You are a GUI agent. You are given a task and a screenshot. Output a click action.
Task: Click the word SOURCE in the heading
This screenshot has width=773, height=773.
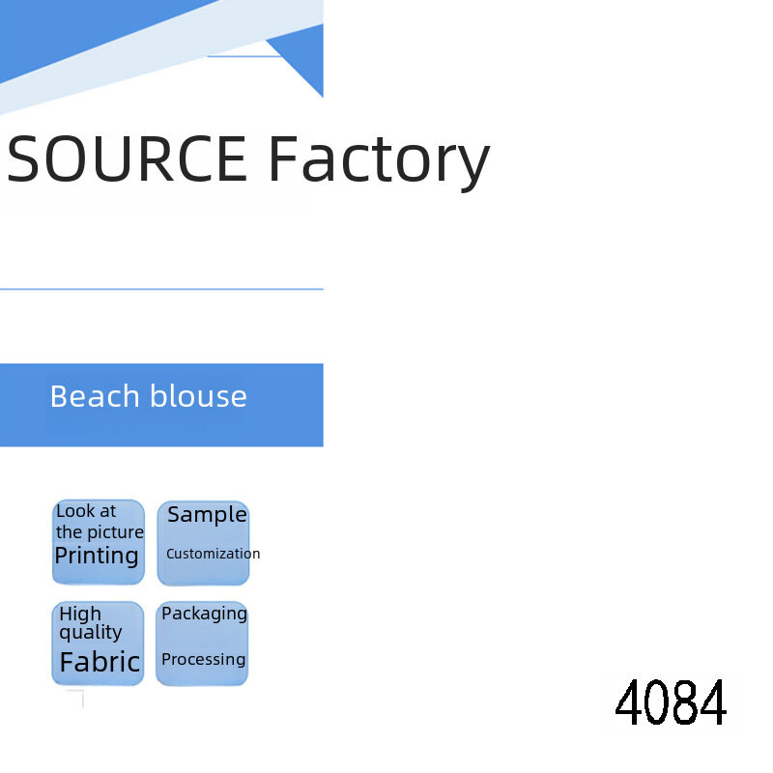coord(127,158)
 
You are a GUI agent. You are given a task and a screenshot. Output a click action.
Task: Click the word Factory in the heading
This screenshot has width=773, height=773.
coord(379,163)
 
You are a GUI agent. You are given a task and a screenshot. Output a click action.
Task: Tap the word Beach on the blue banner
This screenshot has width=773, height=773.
coord(95,396)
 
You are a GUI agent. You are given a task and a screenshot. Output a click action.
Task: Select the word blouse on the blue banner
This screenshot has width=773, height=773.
coord(198,396)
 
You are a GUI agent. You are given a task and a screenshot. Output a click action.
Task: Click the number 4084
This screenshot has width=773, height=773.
coord(671,702)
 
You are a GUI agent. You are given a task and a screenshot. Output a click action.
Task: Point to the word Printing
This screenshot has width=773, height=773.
coord(97,557)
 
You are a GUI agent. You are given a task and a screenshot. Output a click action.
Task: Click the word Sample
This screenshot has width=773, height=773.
coord(207,516)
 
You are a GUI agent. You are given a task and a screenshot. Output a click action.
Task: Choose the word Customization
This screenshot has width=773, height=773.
coord(213,554)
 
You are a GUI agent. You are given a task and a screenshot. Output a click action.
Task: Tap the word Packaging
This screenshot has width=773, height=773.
coord(204,615)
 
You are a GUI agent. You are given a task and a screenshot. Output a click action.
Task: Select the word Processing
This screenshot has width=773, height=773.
coord(204,660)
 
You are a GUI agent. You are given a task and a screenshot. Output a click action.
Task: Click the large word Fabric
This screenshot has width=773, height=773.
coord(100,662)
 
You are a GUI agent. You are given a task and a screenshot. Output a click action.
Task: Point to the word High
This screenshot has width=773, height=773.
coord(80,615)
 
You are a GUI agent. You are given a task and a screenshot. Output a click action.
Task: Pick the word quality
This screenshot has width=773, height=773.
coord(91,633)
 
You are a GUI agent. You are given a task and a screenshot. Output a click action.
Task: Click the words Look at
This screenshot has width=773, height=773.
coord(86,511)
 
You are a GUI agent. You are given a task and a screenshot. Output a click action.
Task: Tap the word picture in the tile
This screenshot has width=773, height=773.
coord(115,533)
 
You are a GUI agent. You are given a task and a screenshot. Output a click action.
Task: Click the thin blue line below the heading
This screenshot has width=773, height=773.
coord(161,289)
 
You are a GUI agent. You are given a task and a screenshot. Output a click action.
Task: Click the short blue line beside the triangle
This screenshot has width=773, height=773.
coord(244,56)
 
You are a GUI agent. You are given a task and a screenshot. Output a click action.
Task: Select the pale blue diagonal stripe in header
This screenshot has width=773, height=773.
coord(162,52)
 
